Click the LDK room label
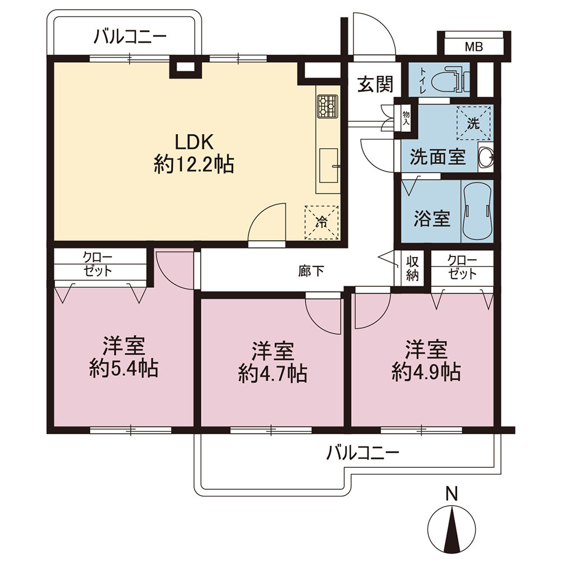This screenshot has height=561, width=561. [x=194, y=142]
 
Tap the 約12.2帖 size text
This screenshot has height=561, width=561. [x=194, y=165]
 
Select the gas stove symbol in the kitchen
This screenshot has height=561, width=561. [x=327, y=107]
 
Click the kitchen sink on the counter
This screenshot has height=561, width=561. [x=329, y=165]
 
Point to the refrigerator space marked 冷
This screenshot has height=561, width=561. [x=321, y=222]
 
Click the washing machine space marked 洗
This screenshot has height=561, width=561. [x=473, y=123]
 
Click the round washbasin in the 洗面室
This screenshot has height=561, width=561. [x=486, y=157]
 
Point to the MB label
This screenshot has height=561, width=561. [x=473, y=47]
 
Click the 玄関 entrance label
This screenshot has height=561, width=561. [x=375, y=85]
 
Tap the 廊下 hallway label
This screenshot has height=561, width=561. [x=311, y=271]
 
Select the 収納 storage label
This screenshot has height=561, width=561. [x=412, y=268]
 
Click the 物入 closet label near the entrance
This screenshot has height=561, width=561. [x=406, y=118]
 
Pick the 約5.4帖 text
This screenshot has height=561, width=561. [x=124, y=368]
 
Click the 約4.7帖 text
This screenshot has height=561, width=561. [x=273, y=374]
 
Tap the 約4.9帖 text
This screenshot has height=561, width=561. [x=426, y=372]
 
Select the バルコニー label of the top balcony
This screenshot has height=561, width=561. [x=130, y=37]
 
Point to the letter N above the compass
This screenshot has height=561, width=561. [x=452, y=494]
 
